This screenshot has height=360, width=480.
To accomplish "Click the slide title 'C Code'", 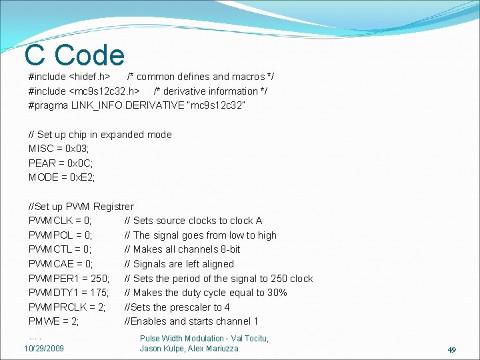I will click(74, 55).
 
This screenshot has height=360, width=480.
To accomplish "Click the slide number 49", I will click(451, 349).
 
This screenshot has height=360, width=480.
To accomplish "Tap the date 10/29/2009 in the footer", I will click(44, 349).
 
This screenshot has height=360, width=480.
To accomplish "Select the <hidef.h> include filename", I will click(89, 77).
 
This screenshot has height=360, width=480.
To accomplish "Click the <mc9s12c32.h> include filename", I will click(104, 91).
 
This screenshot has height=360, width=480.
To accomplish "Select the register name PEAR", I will click(42, 163).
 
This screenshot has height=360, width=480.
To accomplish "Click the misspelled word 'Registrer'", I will click(113, 207).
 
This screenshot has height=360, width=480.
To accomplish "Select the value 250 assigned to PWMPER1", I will click(98, 279).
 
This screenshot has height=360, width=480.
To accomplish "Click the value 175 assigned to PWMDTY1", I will click(98, 293).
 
